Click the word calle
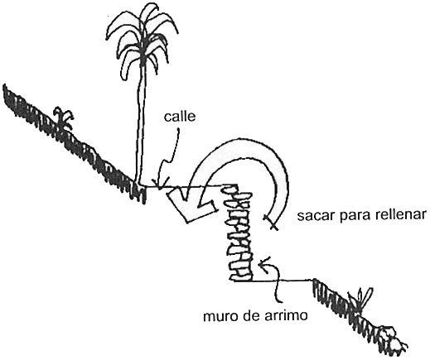click(x=180, y=116)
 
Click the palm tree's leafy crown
click(x=142, y=41)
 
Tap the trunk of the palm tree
click(x=141, y=124)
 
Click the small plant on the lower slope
click(x=362, y=300)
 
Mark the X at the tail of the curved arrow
click(x=270, y=222)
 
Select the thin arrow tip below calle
click(x=160, y=185)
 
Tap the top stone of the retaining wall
click(x=229, y=189)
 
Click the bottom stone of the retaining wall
click(x=241, y=276)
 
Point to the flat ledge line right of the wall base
click(x=283, y=281)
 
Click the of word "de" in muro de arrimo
click(x=252, y=315)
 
